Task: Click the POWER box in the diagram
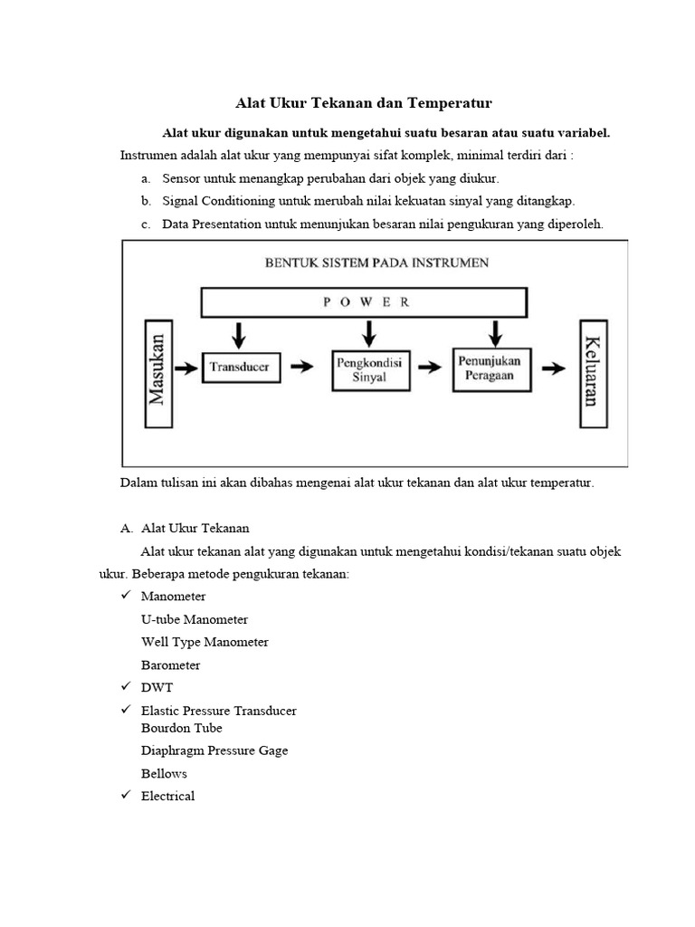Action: click(364, 301)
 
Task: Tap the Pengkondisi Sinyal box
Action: click(369, 368)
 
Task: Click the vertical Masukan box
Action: click(157, 372)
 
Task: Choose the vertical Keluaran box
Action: click(593, 370)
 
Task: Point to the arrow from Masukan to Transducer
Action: click(186, 368)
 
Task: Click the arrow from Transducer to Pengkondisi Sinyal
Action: click(304, 368)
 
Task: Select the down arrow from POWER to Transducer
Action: click(239, 334)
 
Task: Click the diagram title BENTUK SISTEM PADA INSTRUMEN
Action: click(376, 263)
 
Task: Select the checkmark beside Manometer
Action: click(126, 596)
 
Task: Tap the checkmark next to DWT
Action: click(126, 687)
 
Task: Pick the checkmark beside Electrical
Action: click(126, 796)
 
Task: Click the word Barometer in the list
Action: click(171, 664)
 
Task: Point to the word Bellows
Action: click(164, 773)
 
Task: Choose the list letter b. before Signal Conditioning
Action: click(146, 201)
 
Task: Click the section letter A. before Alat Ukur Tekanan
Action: click(127, 528)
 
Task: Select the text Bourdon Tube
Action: click(181, 728)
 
